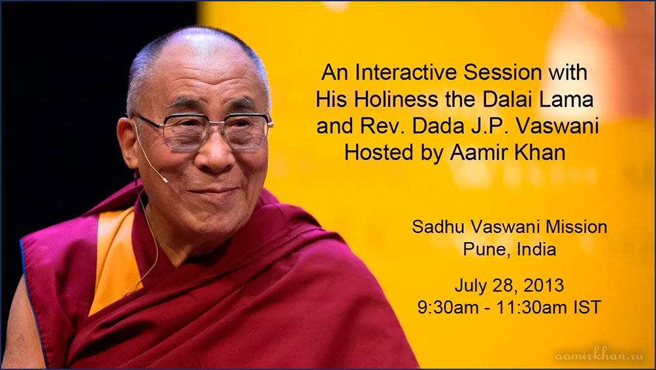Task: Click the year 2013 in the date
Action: click(543, 285)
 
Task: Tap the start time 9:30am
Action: click(448, 307)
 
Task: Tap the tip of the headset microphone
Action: click(166, 180)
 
